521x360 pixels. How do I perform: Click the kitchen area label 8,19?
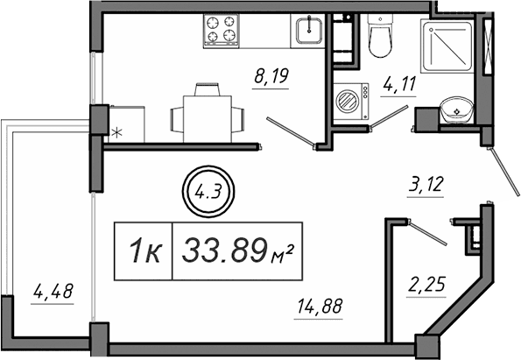271,77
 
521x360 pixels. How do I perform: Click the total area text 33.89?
223,252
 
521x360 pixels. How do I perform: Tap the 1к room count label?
144,253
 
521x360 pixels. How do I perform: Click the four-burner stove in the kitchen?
222,31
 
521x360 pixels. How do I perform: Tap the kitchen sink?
309,31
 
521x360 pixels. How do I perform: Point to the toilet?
381,37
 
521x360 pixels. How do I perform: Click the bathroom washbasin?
456,110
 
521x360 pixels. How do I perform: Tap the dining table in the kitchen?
207,111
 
